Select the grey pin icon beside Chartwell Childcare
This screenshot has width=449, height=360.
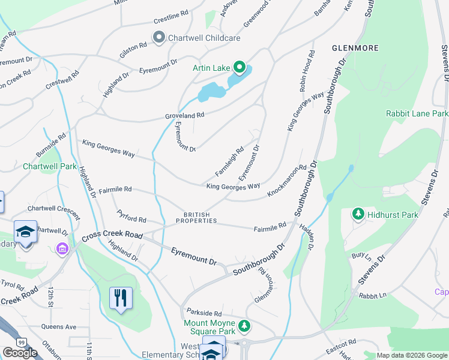click(159, 38)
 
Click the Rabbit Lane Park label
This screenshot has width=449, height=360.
click(417, 113)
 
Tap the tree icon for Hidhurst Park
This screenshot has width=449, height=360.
click(358, 214)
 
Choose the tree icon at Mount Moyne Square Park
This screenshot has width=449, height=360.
click(244, 326)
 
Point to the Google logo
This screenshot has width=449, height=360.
click(20, 353)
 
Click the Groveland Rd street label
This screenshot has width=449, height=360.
click(185, 115)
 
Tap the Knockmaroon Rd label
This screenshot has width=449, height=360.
click(287, 181)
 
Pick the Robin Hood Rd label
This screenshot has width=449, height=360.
click(307, 71)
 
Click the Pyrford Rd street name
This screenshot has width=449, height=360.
click(132, 220)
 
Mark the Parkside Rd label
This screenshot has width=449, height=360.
click(204, 313)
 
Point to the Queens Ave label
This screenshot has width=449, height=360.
click(59, 327)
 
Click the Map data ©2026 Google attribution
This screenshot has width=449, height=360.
click(411, 355)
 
